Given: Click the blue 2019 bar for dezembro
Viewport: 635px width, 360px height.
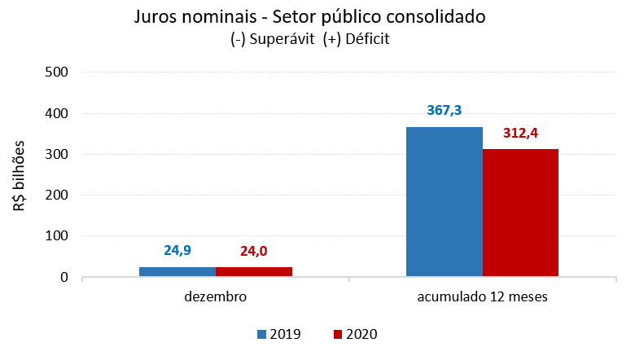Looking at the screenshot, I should (x=177, y=272).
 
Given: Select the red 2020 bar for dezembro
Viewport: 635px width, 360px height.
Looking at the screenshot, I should (x=253, y=272).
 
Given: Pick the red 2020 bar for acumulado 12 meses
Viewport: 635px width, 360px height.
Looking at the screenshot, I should (x=520, y=213).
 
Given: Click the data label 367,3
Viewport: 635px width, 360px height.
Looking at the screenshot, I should (x=444, y=110).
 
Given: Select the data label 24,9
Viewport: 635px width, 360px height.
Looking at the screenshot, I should (x=177, y=250).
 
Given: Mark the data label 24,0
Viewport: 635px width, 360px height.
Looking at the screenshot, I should (x=253, y=250).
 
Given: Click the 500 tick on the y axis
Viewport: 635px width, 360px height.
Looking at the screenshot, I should (x=55, y=72).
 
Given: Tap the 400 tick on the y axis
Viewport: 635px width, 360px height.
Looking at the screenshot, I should (x=55, y=113).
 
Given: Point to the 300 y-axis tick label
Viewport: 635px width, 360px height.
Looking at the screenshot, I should (x=55, y=154).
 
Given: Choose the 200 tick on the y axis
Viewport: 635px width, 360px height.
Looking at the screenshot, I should (x=55, y=195).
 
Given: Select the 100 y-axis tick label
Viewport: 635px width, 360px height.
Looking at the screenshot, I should (x=55, y=236).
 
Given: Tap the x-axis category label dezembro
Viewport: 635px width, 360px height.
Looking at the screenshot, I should (x=216, y=297).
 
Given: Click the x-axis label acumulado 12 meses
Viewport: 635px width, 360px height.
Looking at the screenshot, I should (x=483, y=297).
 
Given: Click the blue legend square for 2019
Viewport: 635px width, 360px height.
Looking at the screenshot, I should (x=261, y=334).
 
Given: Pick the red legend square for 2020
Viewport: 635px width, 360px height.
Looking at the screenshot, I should (x=338, y=334).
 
